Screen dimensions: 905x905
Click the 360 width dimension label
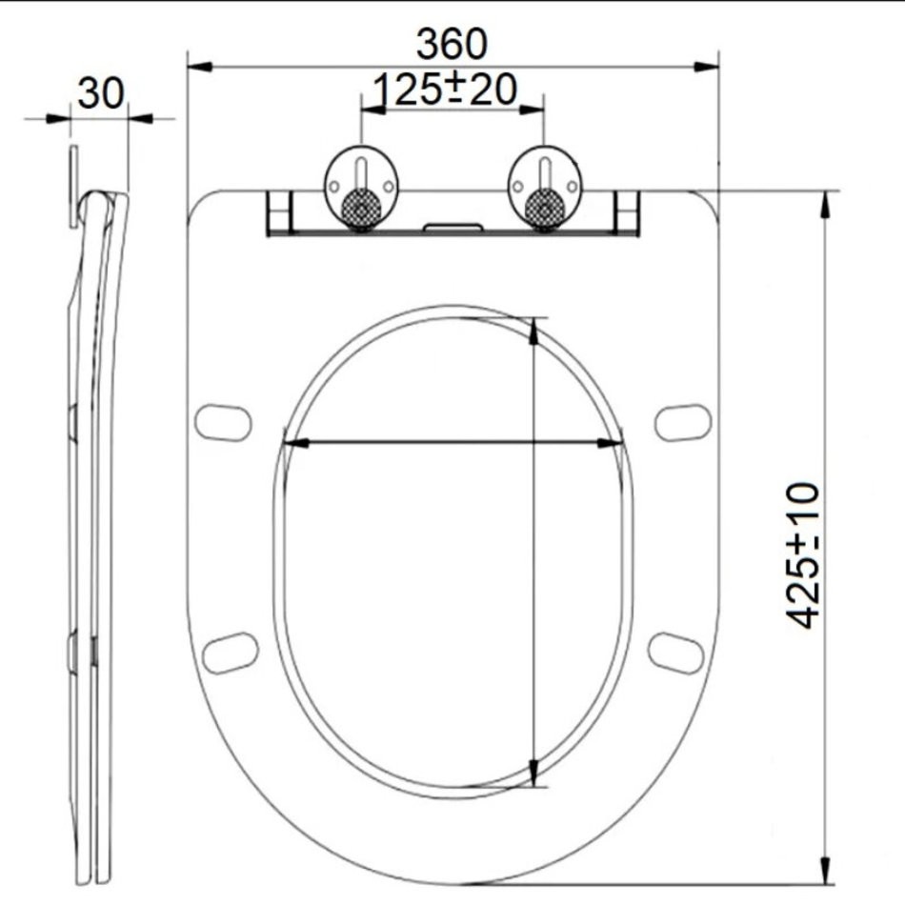click(x=452, y=45)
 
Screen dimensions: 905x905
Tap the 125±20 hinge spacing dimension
click(x=445, y=90)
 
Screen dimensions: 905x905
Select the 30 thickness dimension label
click(x=100, y=93)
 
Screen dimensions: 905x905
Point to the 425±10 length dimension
click(x=803, y=555)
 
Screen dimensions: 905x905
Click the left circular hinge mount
click(x=361, y=187)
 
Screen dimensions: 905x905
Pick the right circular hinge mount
click(x=544, y=187)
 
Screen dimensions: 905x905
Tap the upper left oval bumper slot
click(x=223, y=422)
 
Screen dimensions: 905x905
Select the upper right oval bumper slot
click(x=683, y=422)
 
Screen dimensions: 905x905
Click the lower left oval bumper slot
click(x=231, y=653)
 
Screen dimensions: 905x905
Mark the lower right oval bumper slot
click(x=675, y=653)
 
